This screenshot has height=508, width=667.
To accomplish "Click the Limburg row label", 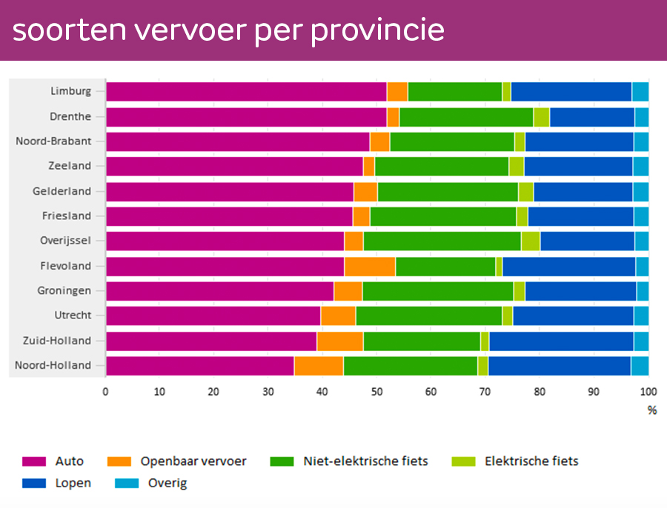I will coord(71,91).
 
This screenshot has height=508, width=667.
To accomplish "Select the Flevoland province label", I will coord(66,266).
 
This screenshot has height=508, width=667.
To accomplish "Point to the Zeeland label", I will coord(70,166).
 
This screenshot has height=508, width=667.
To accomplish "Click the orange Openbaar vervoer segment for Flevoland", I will coord(370,266).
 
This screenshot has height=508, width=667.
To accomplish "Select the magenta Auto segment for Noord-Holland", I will coord(200,366).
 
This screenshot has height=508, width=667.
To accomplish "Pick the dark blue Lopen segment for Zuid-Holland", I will coord(561,341).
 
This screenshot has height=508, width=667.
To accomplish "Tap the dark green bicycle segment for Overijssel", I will coord(442,241).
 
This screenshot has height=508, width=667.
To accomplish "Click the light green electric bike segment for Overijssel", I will coord(531,241).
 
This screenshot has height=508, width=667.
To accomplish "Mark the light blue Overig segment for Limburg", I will coord(640,91).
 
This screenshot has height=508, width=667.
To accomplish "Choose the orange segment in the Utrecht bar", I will coord(338,315).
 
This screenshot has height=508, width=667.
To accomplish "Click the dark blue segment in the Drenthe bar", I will coord(592,117).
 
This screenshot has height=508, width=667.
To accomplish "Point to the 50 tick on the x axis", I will coord(376,392).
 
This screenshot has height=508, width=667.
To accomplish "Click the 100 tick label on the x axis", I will coord(648,392).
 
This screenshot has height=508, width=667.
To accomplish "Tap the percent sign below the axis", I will coord(652,410).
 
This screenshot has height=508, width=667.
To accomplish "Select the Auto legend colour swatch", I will coord(35,461).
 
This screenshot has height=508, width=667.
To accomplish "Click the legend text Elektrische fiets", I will coord(531,461).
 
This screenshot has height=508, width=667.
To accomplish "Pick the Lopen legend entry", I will coord(73,484).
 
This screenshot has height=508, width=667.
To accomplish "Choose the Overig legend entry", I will coord(167,484).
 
